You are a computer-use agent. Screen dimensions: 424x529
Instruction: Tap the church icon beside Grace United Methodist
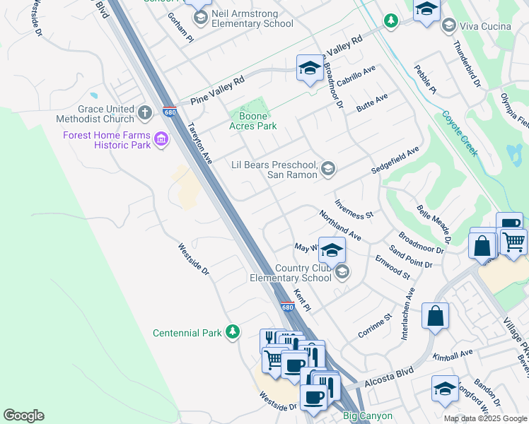point(144,112)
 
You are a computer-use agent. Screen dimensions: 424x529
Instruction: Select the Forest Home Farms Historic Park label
point(107,140)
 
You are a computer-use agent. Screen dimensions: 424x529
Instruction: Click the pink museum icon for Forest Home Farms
point(162,139)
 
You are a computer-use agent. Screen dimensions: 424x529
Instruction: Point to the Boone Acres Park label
point(254,121)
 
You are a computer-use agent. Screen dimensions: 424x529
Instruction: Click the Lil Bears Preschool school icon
point(327,168)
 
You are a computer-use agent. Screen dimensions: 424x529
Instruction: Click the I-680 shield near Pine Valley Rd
point(169,112)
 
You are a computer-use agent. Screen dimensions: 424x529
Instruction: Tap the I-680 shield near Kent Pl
point(286,307)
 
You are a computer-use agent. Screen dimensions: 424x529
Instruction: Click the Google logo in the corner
point(23,416)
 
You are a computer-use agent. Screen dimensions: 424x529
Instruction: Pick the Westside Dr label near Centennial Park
point(193,260)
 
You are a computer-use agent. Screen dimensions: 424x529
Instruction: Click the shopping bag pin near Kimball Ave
point(436,316)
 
